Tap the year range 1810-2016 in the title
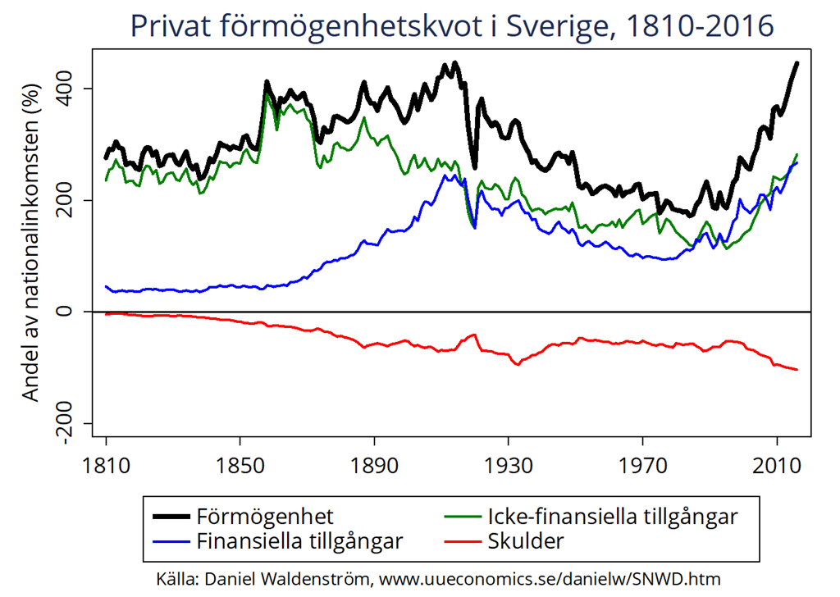coord(700,26)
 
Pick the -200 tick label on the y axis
coord(71,423)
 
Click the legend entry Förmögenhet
coord(265,517)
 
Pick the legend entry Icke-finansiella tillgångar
coord(612,517)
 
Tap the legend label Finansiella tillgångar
coord(299,541)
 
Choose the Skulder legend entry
coord(526,541)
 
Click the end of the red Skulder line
coord(797,370)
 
